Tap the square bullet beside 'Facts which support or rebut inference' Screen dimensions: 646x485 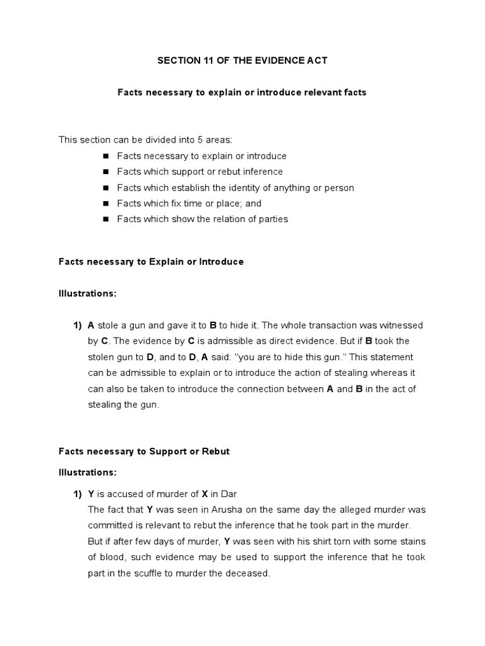(x=105, y=172)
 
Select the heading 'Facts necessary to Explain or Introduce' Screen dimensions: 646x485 (x=151, y=261)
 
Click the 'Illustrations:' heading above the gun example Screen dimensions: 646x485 (x=87, y=293)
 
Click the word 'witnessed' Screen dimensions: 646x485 (x=401, y=325)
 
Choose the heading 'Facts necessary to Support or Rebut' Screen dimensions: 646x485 (x=144, y=452)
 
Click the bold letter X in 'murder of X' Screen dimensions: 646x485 (x=204, y=493)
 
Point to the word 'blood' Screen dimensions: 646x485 (x=111, y=557)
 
